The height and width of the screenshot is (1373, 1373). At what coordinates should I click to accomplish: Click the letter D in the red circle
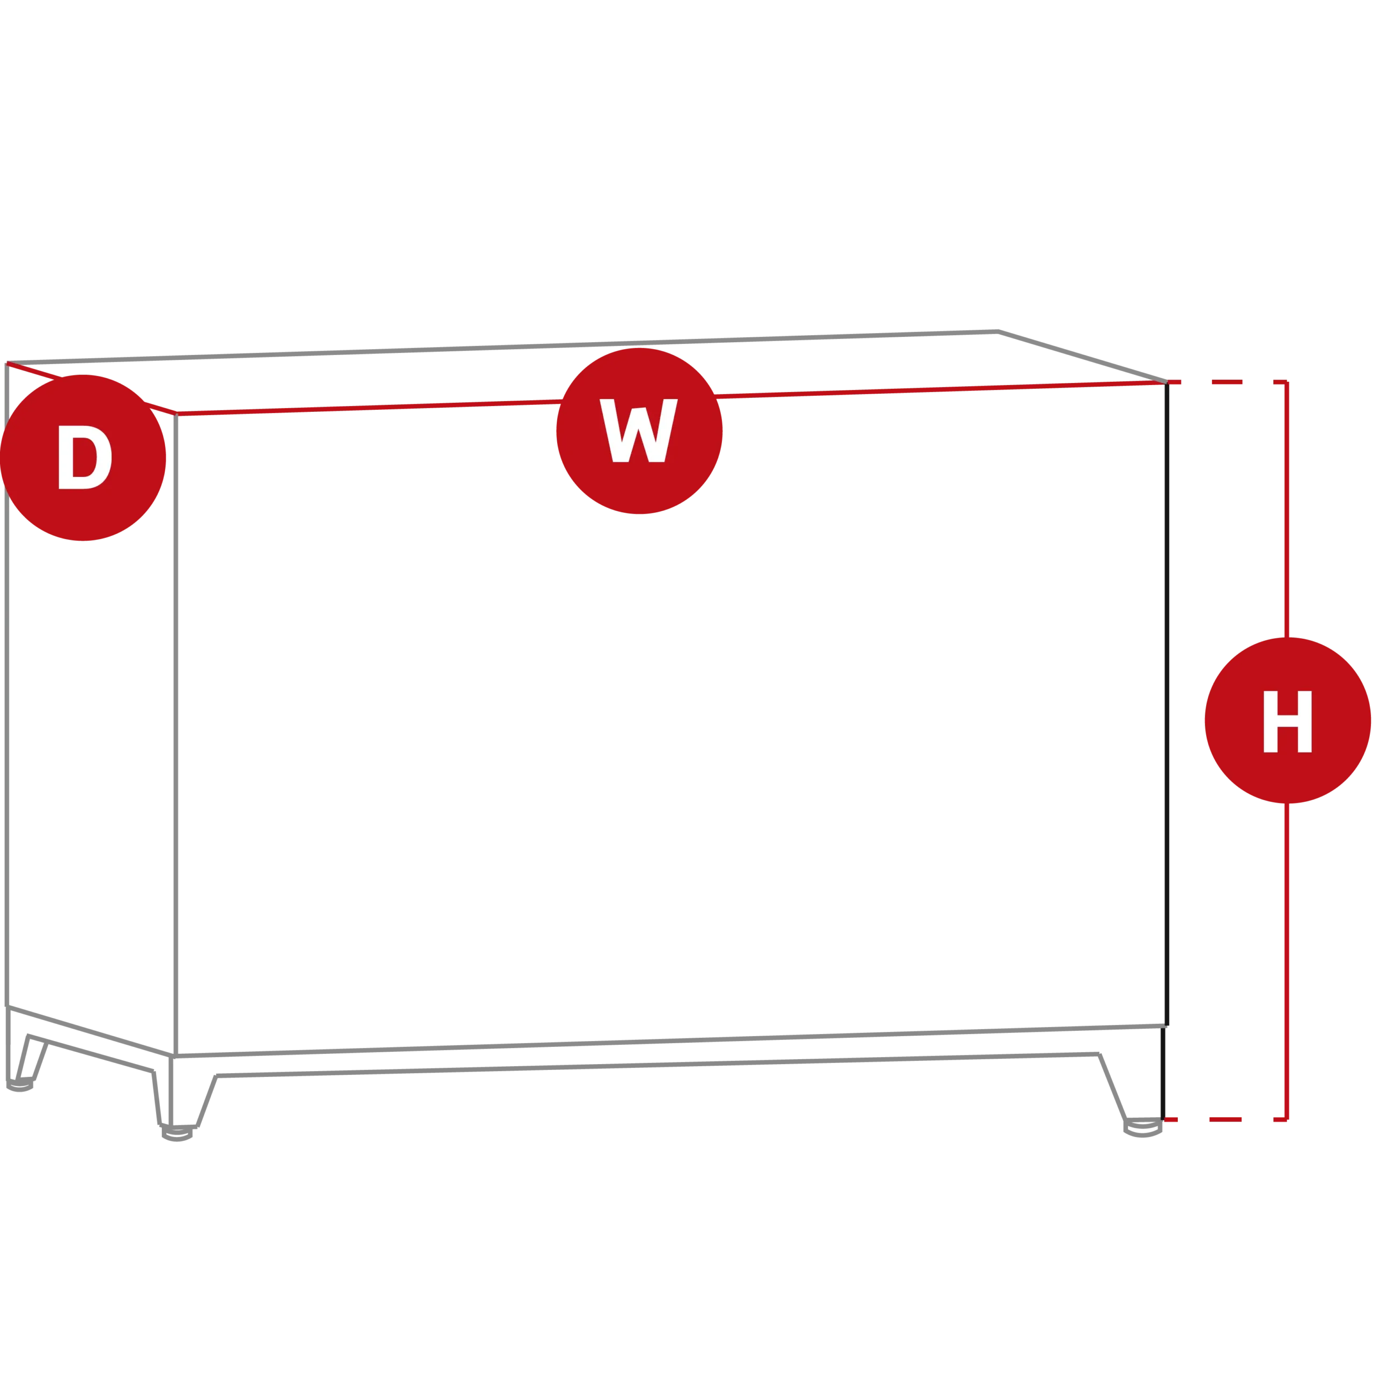click(85, 457)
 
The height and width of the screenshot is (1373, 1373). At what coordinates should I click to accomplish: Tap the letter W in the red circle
click(638, 431)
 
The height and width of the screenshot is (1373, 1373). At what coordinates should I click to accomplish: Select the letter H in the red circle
click(1287, 721)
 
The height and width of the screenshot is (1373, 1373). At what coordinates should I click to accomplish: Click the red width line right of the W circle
click(940, 389)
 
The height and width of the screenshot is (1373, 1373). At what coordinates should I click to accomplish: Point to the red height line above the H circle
click(1286, 510)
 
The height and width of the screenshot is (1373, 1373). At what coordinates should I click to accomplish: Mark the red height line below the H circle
click(1286, 962)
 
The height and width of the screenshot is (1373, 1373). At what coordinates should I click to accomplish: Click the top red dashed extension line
click(1227, 382)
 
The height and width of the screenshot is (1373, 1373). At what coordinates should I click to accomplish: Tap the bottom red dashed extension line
click(1225, 1119)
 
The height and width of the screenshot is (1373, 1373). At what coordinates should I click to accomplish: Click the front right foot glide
click(1143, 1128)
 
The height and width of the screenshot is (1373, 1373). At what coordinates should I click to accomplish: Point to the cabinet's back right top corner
click(998, 331)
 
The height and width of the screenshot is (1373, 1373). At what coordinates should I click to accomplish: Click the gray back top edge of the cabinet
click(503, 348)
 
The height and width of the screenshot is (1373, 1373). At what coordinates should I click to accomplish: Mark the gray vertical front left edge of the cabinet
click(175, 735)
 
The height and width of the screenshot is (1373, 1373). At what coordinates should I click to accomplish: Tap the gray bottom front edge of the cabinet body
click(670, 1041)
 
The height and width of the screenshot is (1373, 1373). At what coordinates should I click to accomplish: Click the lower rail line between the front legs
click(658, 1065)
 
